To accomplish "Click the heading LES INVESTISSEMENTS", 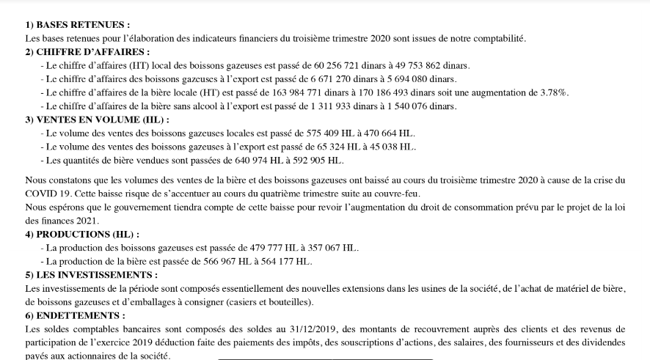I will (x=97, y=274).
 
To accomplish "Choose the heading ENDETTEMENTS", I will (x=81, y=315).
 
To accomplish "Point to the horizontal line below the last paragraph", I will (x=326, y=359).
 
